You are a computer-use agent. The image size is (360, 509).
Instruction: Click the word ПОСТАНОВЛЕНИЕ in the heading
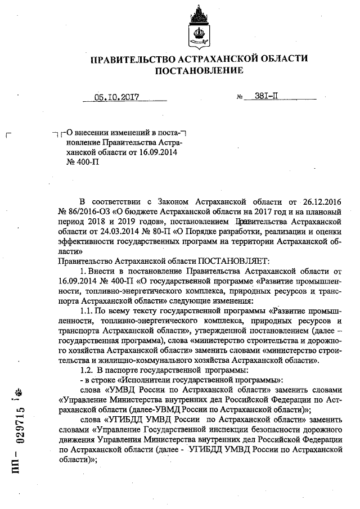click(200, 71)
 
